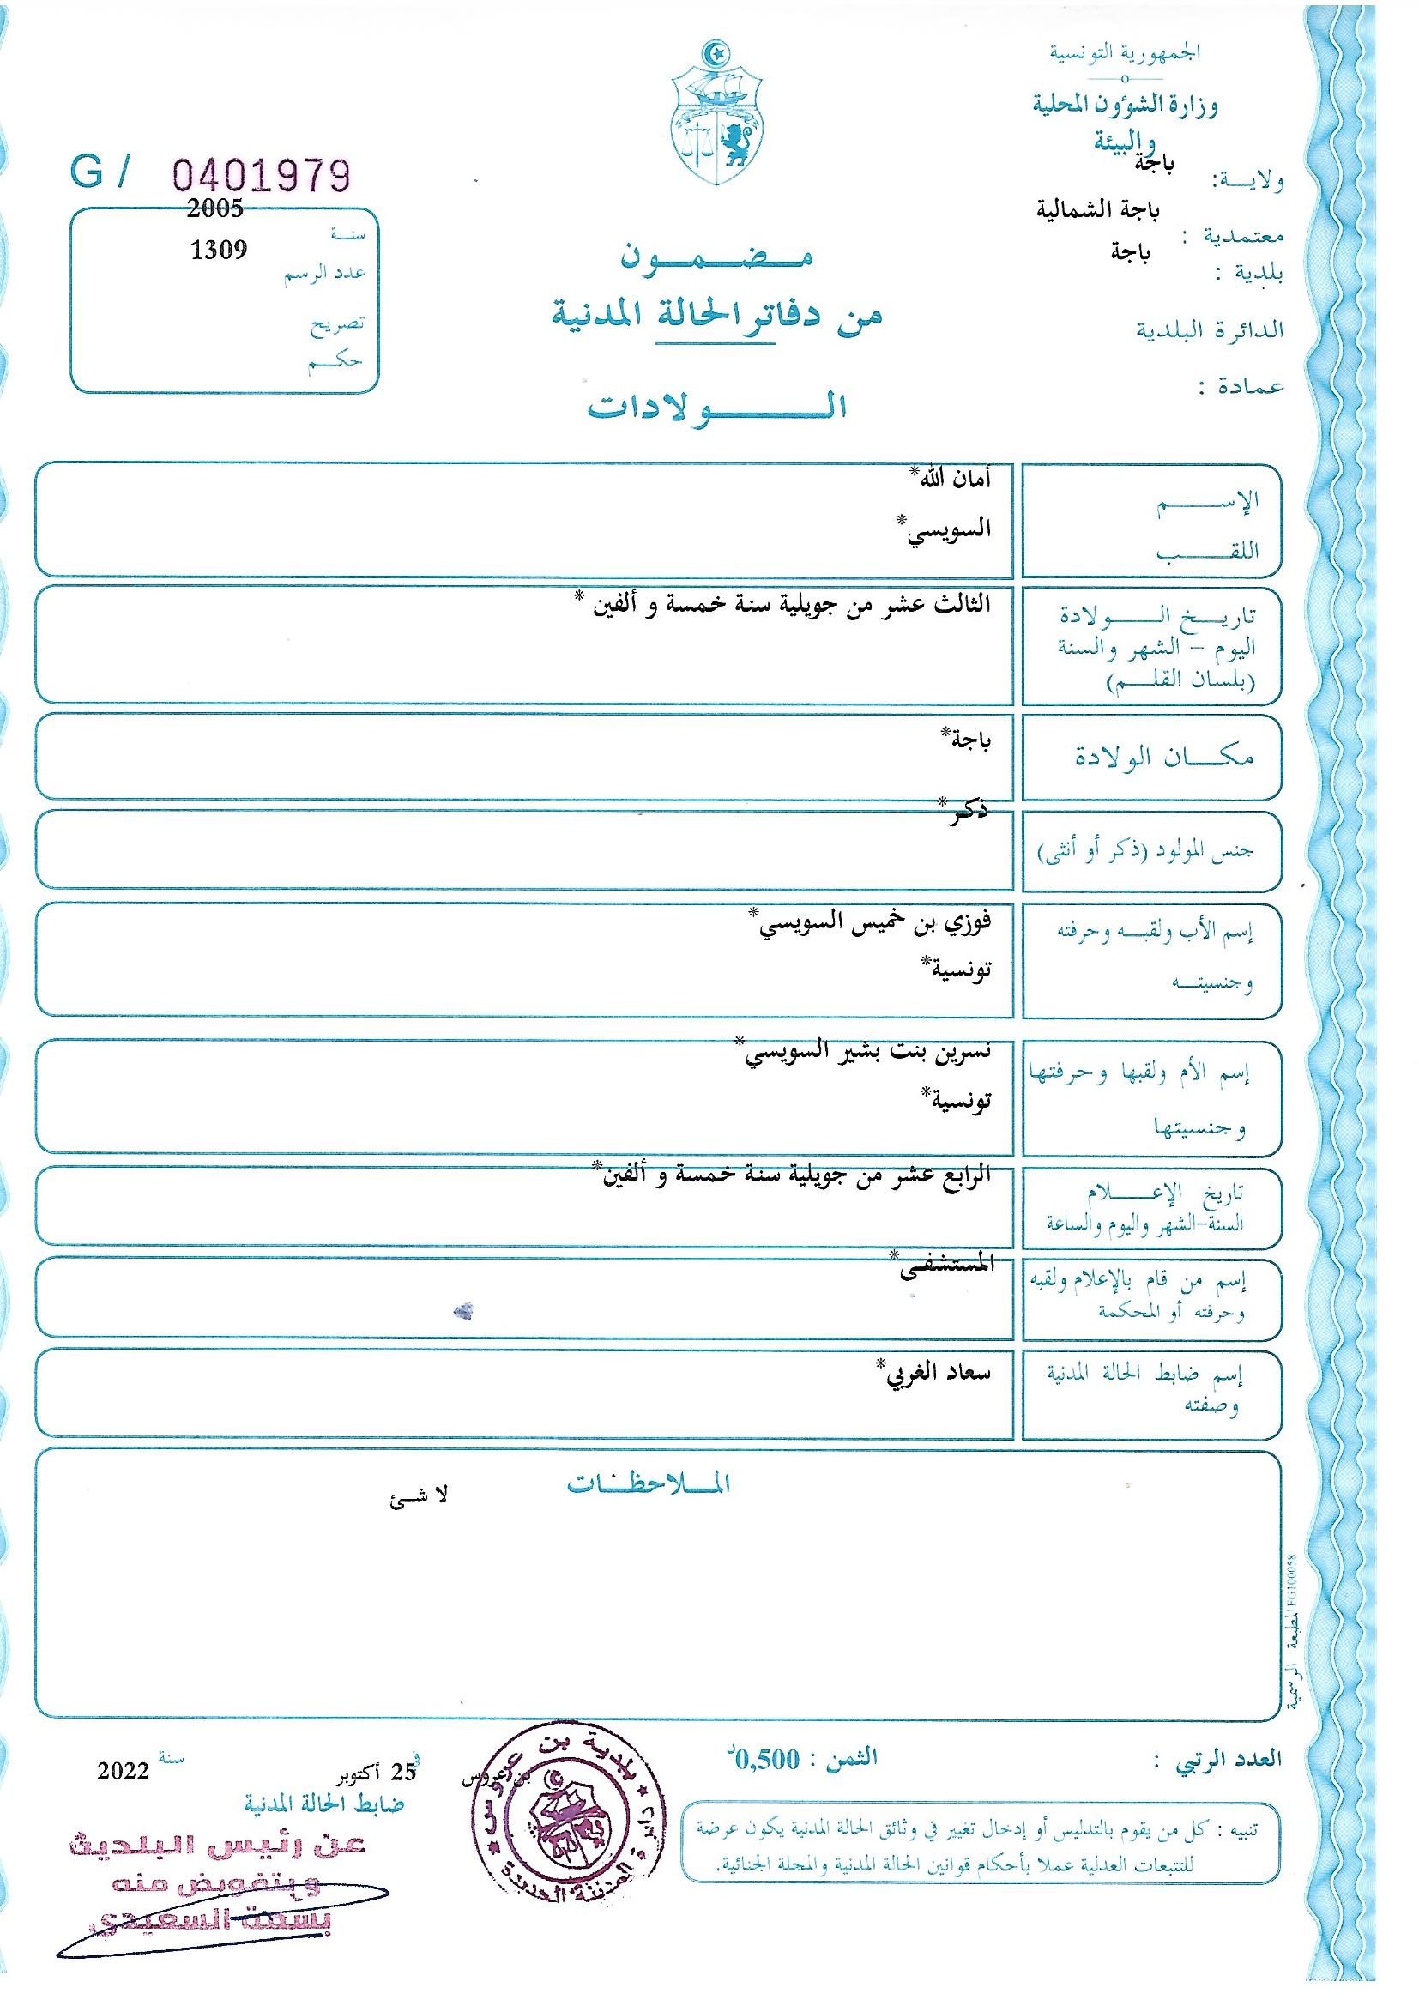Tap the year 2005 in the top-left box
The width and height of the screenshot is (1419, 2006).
[x=215, y=208]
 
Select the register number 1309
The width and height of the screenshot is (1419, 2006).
[x=219, y=251]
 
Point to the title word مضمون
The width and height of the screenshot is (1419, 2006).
[x=716, y=257]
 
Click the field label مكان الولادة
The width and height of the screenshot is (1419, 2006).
[x=1164, y=757]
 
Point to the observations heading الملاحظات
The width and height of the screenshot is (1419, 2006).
[x=648, y=1484]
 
